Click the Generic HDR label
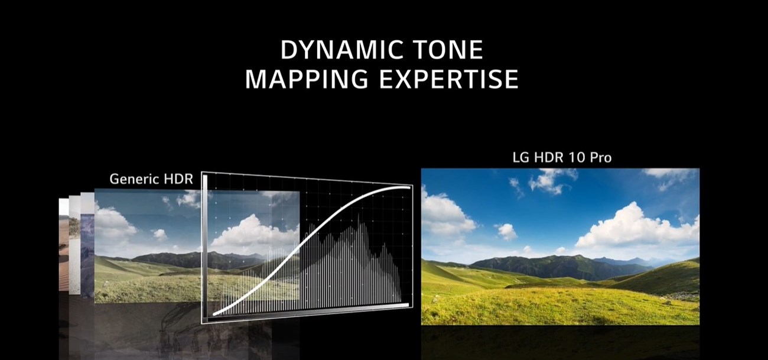point(151,179)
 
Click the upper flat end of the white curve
point(405,187)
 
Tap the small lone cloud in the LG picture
point(506,231)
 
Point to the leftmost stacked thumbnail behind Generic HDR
point(64,248)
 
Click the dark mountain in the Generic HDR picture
point(177,259)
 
